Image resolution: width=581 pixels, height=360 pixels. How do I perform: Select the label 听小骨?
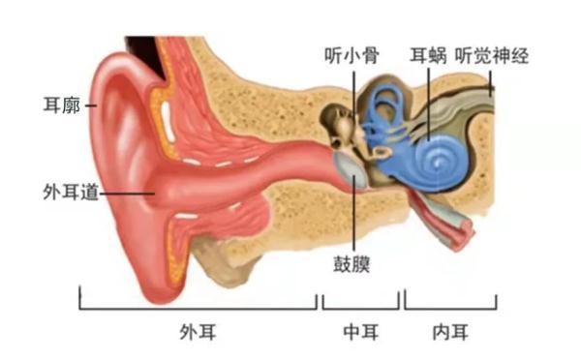point(351,56)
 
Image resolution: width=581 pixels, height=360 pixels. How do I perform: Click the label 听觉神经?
point(493,56)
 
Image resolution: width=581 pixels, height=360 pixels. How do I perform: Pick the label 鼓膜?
point(354,262)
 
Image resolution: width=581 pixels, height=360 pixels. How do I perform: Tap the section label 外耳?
point(199,332)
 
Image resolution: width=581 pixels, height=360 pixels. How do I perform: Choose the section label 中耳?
point(361,332)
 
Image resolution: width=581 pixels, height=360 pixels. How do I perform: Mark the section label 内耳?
point(450,332)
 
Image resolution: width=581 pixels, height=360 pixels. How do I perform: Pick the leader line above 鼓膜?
point(355,218)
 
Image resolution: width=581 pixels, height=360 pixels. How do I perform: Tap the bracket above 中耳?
point(361,309)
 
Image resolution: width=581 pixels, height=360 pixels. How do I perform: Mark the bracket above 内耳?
point(451,309)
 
